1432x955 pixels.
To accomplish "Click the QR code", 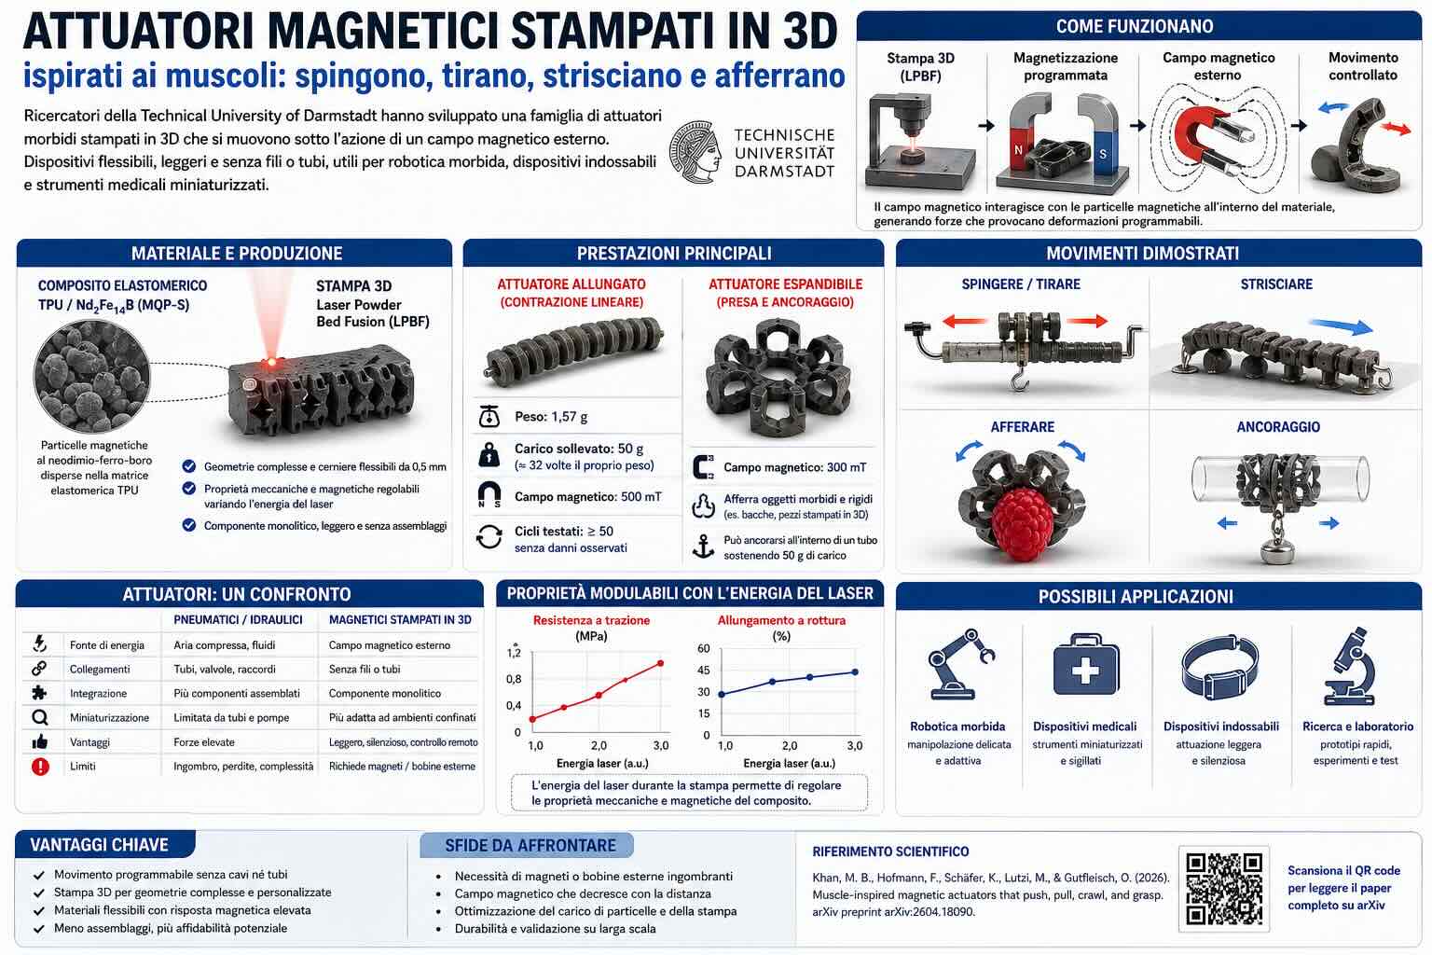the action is click(1223, 889).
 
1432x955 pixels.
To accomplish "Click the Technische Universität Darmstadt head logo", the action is click(695, 152).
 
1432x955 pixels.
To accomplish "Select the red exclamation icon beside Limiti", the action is click(40, 767).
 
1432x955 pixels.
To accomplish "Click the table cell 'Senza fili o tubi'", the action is click(365, 669).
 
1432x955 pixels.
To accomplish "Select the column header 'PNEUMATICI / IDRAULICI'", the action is click(238, 620).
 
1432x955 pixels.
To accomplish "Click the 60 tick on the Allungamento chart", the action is click(703, 648).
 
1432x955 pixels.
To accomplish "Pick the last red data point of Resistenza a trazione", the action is click(660, 663).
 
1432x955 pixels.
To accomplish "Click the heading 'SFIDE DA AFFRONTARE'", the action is click(530, 846).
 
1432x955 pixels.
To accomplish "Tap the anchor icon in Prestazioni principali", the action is click(703, 547).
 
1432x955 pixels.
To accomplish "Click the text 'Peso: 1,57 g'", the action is click(551, 417).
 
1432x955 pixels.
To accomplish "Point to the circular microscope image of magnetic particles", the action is click(92, 377).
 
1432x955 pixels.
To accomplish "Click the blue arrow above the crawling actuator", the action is click(1341, 326).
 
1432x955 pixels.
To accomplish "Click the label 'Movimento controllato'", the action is click(1363, 66).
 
